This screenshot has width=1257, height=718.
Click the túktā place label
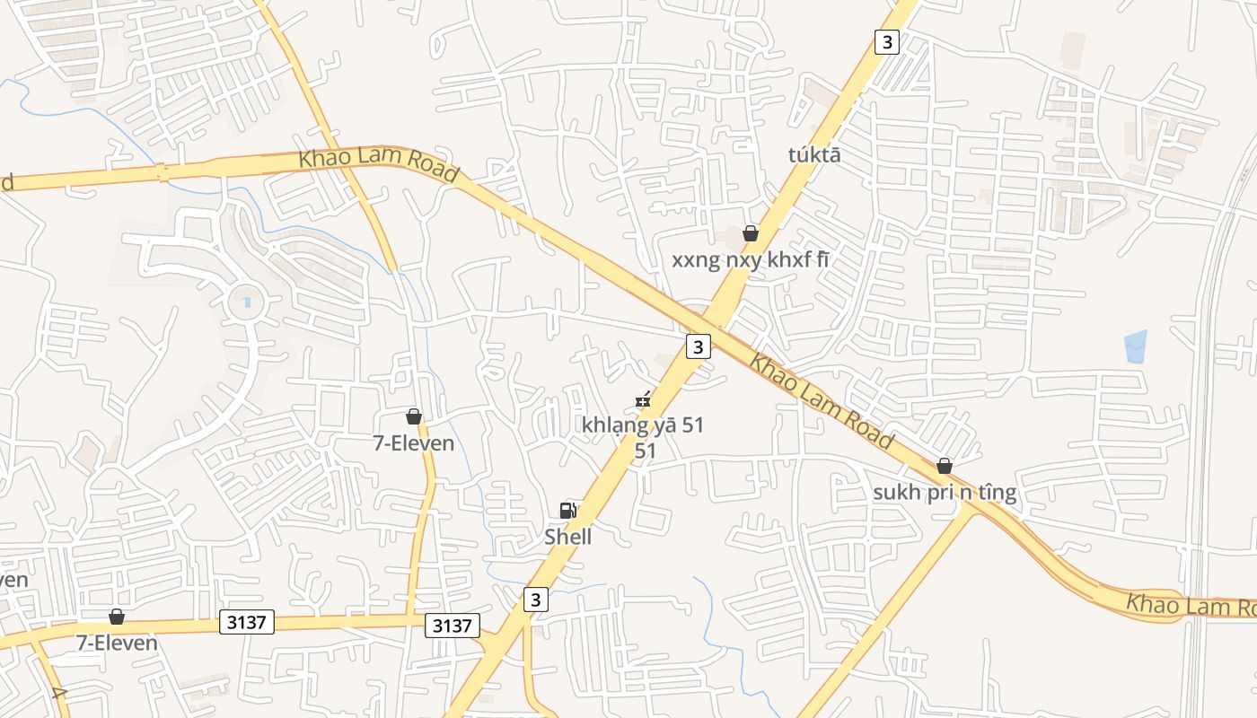click(814, 154)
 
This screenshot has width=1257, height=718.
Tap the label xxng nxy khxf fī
click(751, 260)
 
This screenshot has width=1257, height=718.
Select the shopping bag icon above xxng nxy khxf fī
click(751, 234)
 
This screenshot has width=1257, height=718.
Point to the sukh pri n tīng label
click(945, 493)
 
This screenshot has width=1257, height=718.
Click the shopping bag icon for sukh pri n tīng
click(945, 466)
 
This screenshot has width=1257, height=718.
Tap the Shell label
click(568, 537)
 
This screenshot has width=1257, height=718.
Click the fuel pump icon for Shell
click(567, 511)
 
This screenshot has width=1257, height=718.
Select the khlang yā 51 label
click(643, 425)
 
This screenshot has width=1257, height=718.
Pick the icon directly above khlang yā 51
click(643, 400)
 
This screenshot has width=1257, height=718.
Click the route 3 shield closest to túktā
click(886, 42)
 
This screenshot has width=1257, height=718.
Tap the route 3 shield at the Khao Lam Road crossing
click(699, 346)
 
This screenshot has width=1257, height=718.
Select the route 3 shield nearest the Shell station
click(536, 600)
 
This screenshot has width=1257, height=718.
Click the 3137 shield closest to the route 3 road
click(452, 626)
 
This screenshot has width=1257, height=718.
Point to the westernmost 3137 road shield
click(247, 622)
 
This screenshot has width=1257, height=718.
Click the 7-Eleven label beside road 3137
click(117, 643)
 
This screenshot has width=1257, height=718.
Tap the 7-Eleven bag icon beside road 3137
click(117, 617)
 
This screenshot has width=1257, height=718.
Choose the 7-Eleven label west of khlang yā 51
click(414, 442)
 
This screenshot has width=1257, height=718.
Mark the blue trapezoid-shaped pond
click(1136, 346)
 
